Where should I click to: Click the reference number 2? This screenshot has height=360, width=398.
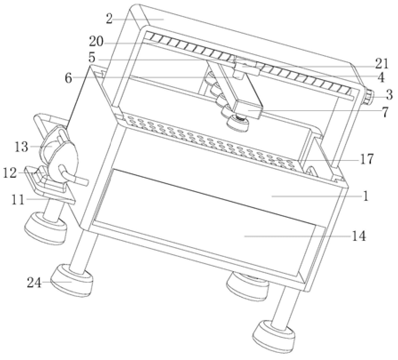tap(109, 19)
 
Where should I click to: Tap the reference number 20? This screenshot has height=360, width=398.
tap(96, 41)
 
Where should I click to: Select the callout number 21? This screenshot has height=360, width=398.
tap(382, 64)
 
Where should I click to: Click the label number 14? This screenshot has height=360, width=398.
tap(359, 236)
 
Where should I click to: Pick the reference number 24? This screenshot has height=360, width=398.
tap(34, 283)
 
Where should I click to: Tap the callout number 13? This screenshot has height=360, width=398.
tap(21, 147)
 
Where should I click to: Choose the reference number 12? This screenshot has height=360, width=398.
tap(10, 173)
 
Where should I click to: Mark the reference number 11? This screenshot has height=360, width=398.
tap(18, 200)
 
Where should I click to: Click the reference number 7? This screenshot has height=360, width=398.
tap(385, 112)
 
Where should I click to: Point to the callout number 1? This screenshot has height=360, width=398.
tap(366, 196)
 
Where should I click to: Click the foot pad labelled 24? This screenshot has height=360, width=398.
tap(72, 280)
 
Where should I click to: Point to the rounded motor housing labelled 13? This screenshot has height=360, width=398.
tap(61, 155)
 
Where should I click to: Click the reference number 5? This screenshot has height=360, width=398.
tap(92, 58)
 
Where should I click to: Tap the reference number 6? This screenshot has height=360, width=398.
tap(68, 78)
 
